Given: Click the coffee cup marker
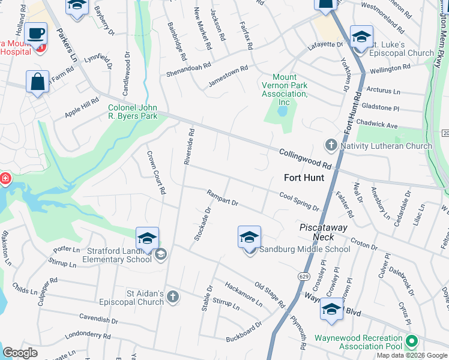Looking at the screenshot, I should (36, 34).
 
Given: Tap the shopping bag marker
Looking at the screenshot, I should (37, 82).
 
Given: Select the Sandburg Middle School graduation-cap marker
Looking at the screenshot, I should (249, 238).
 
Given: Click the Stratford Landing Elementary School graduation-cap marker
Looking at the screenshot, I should (147, 238).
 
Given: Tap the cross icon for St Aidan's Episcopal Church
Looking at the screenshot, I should (173, 297).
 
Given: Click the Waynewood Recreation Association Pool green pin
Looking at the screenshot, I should (411, 341).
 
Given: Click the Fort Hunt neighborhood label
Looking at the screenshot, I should (304, 178).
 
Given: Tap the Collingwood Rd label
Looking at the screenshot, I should (305, 158).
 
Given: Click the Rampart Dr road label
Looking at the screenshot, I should (223, 198).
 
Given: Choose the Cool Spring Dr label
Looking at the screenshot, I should (299, 201).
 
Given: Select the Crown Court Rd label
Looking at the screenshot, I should (155, 173).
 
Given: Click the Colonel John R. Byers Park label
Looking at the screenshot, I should (132, 112).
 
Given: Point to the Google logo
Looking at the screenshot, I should (20, 353).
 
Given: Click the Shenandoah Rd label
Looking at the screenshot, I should (189, 70).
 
